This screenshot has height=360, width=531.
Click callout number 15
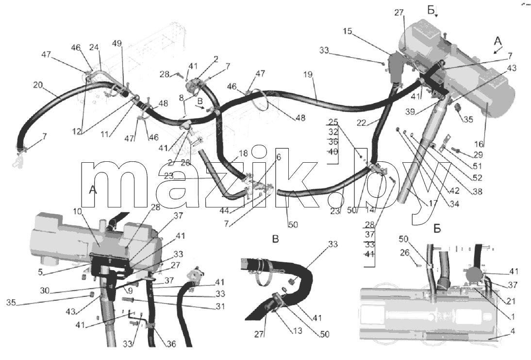348,32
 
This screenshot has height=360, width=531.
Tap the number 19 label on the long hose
308,75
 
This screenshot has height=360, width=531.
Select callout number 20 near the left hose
38,85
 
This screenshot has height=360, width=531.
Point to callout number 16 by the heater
479,144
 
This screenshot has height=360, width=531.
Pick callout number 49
117,44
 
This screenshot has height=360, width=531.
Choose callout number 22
361,123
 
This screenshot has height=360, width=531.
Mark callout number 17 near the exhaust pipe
433,204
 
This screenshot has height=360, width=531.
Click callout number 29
478,155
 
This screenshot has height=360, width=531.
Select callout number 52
477,178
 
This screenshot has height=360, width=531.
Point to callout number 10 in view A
77,211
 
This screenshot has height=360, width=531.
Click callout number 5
40,272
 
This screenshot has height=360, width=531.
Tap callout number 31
220,307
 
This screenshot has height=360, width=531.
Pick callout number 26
414,253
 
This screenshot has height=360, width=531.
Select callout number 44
224,210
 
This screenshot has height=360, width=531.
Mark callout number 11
104,134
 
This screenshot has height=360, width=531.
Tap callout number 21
511,301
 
